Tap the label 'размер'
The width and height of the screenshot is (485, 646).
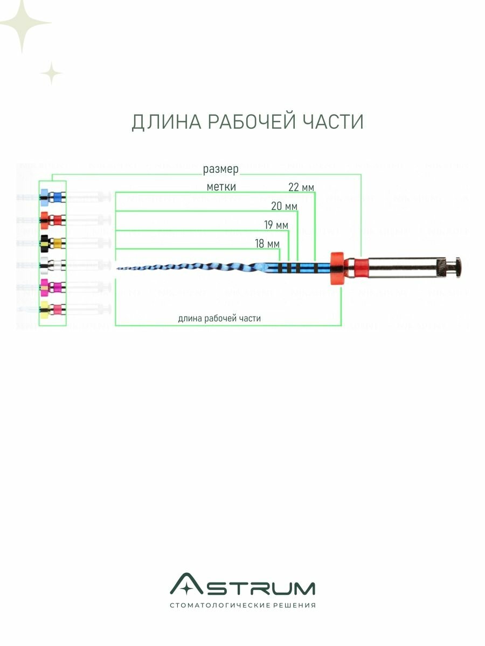220,170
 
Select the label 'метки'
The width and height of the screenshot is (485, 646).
221,187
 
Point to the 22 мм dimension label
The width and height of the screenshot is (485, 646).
301,187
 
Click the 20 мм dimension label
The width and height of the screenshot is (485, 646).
283,206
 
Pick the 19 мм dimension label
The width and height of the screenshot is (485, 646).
275,224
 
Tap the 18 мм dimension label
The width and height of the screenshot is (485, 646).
267,244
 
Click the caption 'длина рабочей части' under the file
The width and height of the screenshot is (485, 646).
219,318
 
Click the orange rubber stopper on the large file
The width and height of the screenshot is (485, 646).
337,268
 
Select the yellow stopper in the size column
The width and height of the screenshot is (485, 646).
44,308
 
